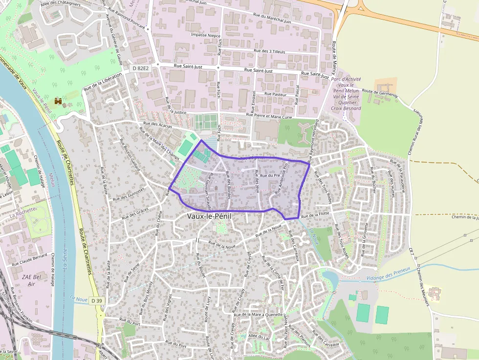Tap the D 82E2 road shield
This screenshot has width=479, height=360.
[x=140, y=69]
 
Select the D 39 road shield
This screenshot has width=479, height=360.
[x=97, y=301]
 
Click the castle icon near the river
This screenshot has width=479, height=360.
[x=58, y=101]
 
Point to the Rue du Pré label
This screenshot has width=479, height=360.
[x=270, y=175]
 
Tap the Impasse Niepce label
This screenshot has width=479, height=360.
[x=206, y=36]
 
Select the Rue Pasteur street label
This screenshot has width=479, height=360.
[x=275, y=94]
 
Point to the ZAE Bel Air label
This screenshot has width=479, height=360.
[x=29, y=280]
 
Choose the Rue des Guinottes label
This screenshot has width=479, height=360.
[x=129, y=195]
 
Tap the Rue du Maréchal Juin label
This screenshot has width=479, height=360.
[x=272, y=18]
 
